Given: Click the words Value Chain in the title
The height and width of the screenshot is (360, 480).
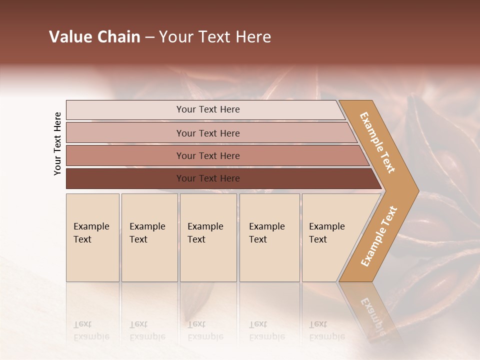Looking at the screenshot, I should [x=94, y=37].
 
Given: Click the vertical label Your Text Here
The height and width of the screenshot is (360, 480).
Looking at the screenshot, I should [x=57, y=143].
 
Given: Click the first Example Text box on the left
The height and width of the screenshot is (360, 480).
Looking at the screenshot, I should [x=92, y=237].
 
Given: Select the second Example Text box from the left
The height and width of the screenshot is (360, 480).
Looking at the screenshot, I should [x=149, y=237].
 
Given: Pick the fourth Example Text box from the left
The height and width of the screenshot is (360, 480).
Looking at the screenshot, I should [x=269, y=237].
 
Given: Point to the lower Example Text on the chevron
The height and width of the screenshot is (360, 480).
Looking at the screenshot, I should [x=379, y=236].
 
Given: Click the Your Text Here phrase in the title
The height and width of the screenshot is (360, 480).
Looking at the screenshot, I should [x=215, y=37].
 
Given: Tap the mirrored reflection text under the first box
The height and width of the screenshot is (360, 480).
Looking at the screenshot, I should [x=91, y=330].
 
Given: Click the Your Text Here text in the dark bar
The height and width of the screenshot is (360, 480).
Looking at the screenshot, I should [x=208, y=178].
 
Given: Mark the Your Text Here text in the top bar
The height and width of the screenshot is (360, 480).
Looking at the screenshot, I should [x=208, y=109].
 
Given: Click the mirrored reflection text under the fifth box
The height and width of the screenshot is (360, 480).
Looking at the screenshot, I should [x=326, y=330].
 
